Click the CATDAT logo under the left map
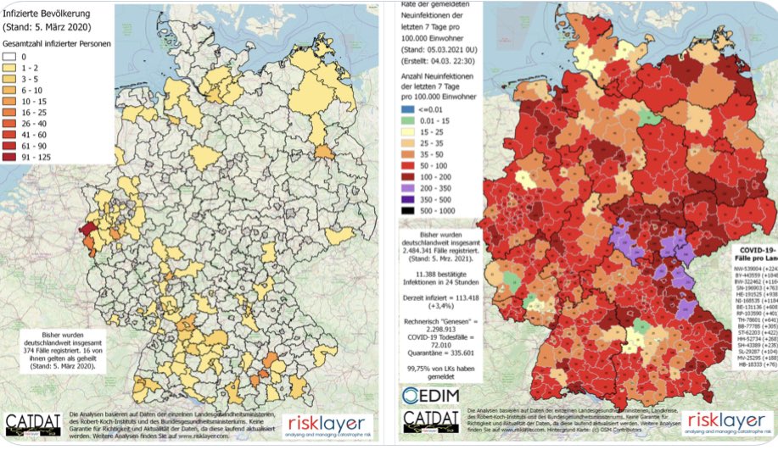[35, 425]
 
